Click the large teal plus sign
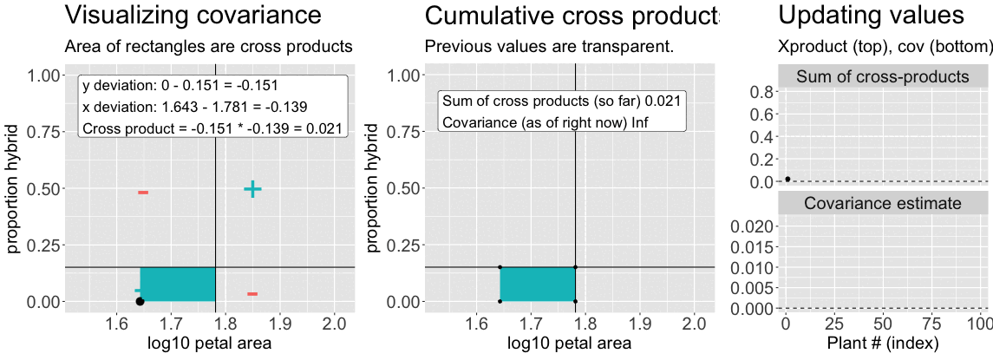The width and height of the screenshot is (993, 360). [252, 189]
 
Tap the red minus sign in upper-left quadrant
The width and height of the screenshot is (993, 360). [143, 192]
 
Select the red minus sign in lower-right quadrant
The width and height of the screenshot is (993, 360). [252, 294]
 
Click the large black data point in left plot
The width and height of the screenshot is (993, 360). [140, 301]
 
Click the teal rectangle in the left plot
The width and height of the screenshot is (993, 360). [178, 285]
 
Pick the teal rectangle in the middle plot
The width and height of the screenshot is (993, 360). [538, 285]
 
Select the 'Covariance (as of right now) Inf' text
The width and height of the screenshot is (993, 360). [545, 121]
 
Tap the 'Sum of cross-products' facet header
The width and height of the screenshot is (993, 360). [882, 77]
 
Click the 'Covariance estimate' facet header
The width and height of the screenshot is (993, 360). [882, 204]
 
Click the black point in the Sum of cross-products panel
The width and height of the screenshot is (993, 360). [787, 179]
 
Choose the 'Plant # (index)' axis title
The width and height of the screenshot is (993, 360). [882, 344]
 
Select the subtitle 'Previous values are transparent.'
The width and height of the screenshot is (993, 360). [549, 46]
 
